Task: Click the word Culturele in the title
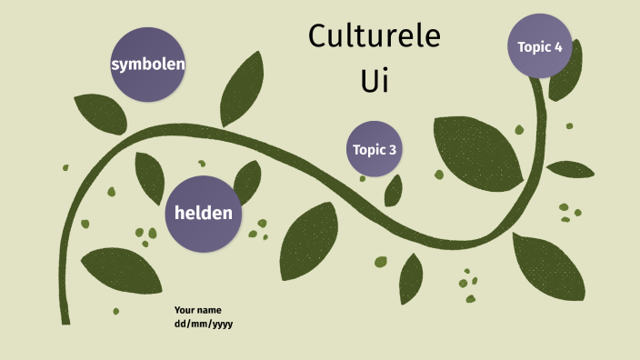[374, 37]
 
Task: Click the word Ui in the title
[375, 79]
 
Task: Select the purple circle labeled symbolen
[148, 65]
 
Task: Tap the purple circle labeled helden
[203, 214]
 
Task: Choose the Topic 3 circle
[374, 149]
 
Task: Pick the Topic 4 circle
[539, 46]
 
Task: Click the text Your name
[197, 310]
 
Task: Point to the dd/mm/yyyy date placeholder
[204, 323]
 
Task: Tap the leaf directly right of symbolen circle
[241, 89]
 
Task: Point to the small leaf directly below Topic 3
[394, 190]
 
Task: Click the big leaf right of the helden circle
[309, 240]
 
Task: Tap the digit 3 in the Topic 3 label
[392, 150]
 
